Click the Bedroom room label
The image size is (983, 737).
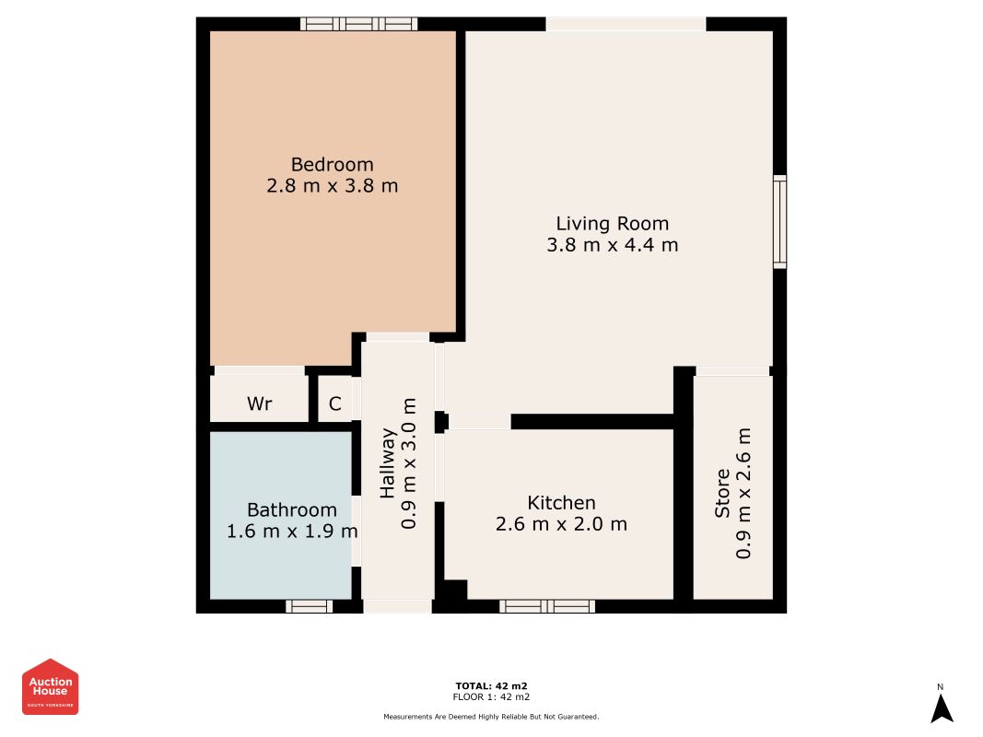click(x=333, y=164)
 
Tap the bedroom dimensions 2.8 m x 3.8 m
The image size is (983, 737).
click(x=333, y=186)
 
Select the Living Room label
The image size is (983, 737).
click(x=613, y=224)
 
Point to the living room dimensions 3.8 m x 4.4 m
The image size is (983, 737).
click(x=613, y=245)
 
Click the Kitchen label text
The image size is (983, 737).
click(x=561, y=503)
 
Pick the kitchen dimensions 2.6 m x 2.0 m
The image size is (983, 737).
click(x=561, y=524)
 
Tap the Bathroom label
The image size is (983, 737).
click(x=291, y=509)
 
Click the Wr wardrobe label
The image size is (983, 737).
click(x=260, y=404)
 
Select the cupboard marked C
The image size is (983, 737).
click(x=334, y=404)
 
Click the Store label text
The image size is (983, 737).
click(x=722, y=493)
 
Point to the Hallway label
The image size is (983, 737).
click(x=388, y=463)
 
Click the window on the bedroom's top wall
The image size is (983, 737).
click(x=358, y=24)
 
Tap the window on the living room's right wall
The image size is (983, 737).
click(x=779, y=222)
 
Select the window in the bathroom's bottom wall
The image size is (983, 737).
click(x=309, y=606)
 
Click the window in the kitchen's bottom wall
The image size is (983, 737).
click(x=547, y=606)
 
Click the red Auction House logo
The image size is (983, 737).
click(x=50, y=687)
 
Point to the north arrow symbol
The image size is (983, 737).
click(x=942, y=708)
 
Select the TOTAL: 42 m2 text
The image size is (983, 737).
click(x=492, y=685)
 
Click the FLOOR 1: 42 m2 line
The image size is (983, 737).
click(x=492, y=696)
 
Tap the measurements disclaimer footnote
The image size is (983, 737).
click(x=492, y=717)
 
